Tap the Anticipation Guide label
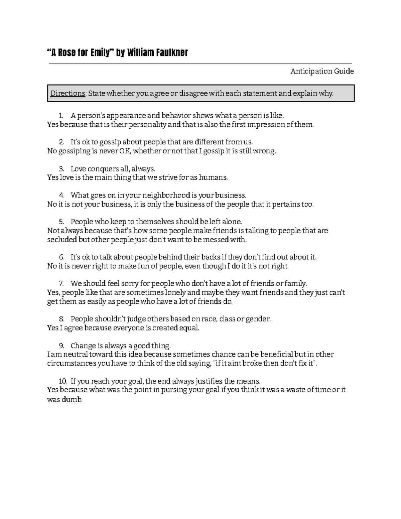[x=322, y=71]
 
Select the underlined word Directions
[x=68, y=93]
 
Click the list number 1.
[x=60, y=116]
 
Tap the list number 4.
[x=61, y=195]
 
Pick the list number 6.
[x=61, y=257]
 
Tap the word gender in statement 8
[x=258, y=319]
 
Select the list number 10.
[x=62, y=381]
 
